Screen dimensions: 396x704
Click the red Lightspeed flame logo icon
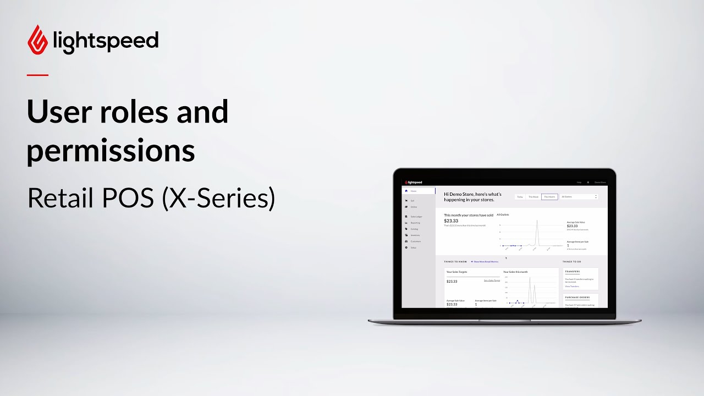(37, 39)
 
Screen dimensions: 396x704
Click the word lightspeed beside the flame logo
(106, 41)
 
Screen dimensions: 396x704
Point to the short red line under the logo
(37, 75)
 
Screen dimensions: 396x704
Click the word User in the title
(59, 112)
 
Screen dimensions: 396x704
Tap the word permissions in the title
(111, 149)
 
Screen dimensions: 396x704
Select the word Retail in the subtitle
(60, 198)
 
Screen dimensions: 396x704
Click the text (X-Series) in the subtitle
(218, 198)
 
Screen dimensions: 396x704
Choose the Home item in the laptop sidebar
(414, 191)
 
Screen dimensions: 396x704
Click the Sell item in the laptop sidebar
(412, 201)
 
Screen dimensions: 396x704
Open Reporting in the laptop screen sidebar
(415, 223)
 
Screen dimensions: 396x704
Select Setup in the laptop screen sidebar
(413, 248)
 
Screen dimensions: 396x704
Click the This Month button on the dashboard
(549, 196)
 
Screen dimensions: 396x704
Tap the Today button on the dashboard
(520, 196)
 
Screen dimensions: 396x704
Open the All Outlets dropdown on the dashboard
(579, 196)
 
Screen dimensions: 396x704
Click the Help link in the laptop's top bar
(579, 182)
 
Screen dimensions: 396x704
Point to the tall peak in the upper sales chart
(537, 222)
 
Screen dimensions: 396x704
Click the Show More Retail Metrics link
(486, 262)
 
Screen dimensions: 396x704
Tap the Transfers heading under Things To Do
(572, 271)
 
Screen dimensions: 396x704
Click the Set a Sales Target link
(492, 280)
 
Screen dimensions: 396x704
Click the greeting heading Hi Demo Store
(472, 196)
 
